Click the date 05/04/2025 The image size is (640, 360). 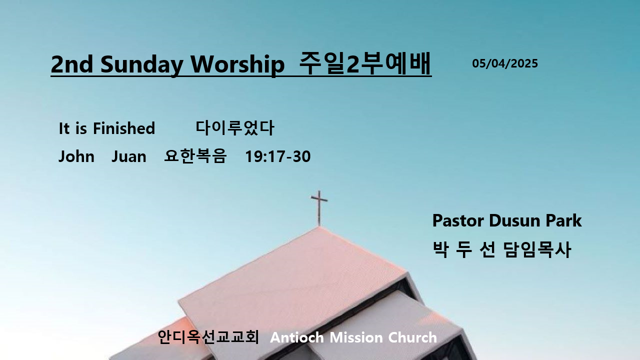click(x=505, y=63)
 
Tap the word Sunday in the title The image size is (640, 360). click(x=141, y=65)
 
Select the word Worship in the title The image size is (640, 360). click(x=237, y=65)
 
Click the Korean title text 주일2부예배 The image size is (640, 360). click(x=365, y=63)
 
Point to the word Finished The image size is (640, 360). click(x=124, y=128)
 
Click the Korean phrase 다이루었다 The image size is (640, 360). click(x=235, y=127)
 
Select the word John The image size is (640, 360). click(x=76, y=156)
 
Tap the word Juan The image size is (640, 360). click(x=128, y=156)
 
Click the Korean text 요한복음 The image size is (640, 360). click(x=195, y=156)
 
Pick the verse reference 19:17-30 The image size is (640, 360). click(x=277, y=156)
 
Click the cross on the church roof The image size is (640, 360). click(x=319, y=208)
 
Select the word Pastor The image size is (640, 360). click(x=458, y=220)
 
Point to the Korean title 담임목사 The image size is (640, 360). click(x=537, y=249)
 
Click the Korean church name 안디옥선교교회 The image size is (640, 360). click(x=208, y=337)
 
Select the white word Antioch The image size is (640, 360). click(x=297, y=337)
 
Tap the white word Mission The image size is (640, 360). click(x=356, y=337)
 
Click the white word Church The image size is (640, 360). click(x=412, y=337)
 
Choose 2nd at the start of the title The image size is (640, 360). click(x=72, y=64)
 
